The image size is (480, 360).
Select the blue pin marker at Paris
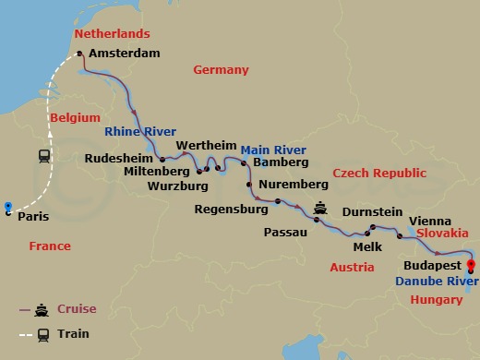tap(7, 207)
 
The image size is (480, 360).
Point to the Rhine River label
tap(140, 132)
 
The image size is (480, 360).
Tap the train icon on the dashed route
tap(44, 156)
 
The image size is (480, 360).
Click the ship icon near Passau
tap(321, 208)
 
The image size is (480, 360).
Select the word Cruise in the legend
tap(76, 309)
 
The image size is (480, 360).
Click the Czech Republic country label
tap(379, 174)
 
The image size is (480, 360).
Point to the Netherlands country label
tap(111, 34)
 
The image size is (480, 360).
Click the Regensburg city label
tap(231, 210)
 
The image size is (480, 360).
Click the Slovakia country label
tap(442, 234)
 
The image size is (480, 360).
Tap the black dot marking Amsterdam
tap(79, 54)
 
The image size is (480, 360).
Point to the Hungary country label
tap(436, 300)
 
